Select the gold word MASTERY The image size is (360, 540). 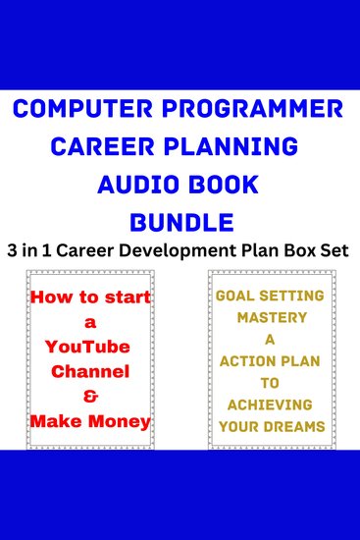pyautogui.click(x=271, y=318)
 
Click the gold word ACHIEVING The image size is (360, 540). pyautogui.click(x=272, y=405)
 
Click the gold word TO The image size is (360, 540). pyautogui.click(x=272, y=383)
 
